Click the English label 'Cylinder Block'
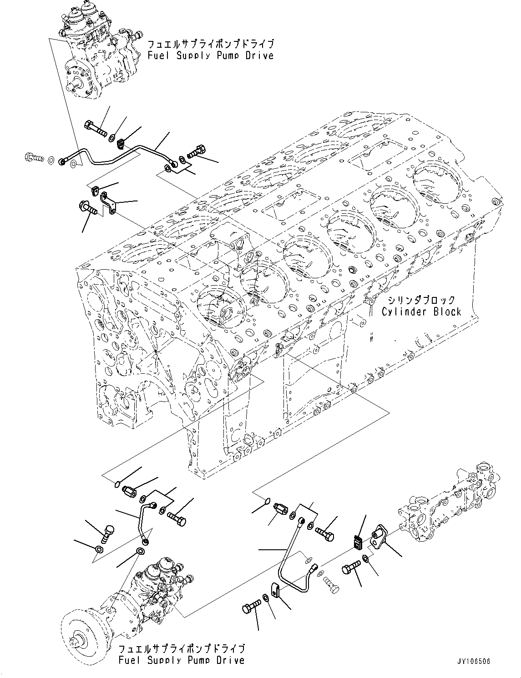click(421, 312)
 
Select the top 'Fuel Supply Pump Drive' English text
click(210, 55)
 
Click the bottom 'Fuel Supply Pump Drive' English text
click(181, 660)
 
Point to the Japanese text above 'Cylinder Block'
click(421, 300)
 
